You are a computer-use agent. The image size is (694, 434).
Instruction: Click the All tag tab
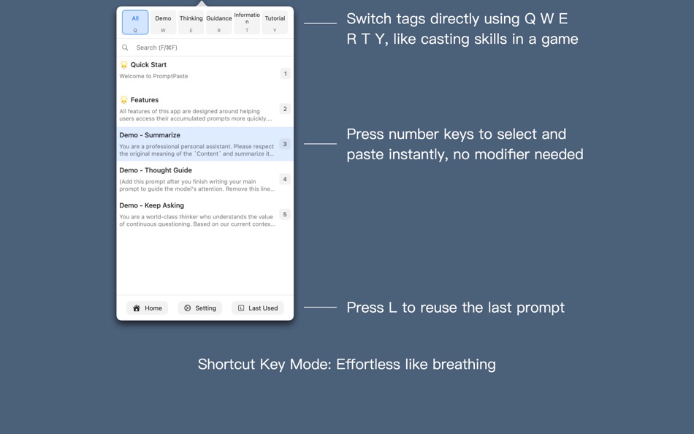pos(135,22)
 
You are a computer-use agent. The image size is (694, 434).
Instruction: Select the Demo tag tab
pos(163,22)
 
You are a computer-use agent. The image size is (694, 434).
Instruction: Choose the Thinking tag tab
pos(191,22)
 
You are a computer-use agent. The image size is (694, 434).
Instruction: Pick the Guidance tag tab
pos(218,22)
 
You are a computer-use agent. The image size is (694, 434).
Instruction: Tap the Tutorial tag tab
pos(275,22)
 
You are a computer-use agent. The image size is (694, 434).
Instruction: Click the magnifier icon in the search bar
pos(125,47)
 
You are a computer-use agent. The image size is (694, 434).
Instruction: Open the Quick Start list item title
pos(148,65)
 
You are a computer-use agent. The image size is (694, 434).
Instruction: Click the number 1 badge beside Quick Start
pos(285,74)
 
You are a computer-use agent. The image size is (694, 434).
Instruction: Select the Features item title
pos(144,100)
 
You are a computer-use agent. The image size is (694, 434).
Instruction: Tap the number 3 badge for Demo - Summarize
pos(285,144)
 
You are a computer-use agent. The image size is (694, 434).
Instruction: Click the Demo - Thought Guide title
pos(156,170)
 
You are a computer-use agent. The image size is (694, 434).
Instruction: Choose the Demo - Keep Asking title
pos(152,205)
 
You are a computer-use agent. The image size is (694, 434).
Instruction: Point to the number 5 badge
pos(285,214)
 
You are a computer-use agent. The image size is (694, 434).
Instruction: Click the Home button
pos(147,308)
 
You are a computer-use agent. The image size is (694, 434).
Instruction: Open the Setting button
pos(200,308)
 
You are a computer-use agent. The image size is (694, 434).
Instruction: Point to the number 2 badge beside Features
pos(285,109)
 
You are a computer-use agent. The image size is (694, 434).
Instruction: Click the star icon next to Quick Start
pos(123,65)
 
